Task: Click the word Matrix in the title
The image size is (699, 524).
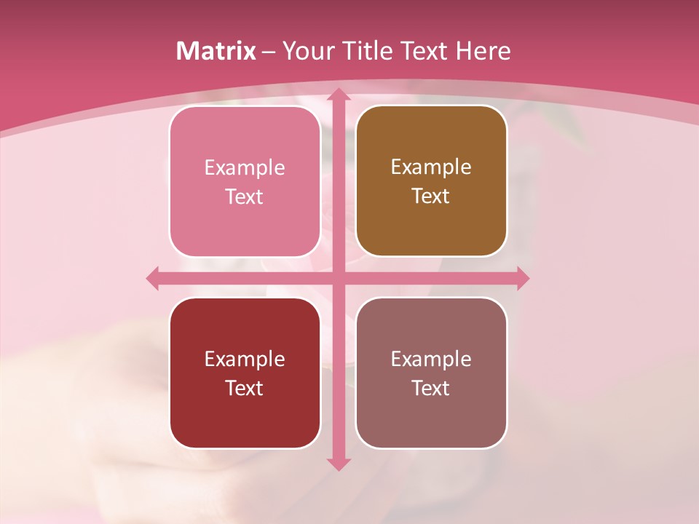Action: click(216, 51)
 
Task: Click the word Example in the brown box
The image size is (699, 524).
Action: click(431, 167)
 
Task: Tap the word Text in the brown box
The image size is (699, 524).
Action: click(431, 196)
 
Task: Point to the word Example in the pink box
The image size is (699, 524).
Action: click(245, 167)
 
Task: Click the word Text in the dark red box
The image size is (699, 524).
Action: click(245, 388)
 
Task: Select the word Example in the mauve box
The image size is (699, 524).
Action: click(431, 359)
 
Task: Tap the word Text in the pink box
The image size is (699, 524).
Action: click(245, 196)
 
